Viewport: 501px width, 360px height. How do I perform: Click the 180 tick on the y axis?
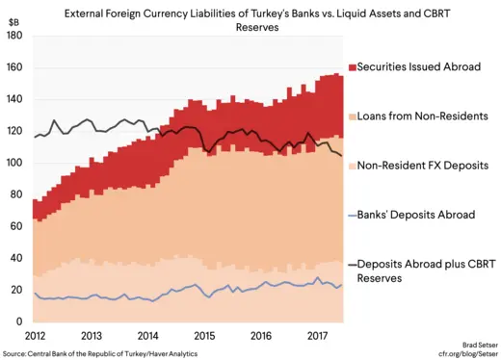click(x=13, y=37)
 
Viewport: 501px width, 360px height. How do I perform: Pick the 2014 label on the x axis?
click(x=147, y=336)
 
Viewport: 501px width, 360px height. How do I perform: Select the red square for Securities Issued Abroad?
click(x=352, y=67)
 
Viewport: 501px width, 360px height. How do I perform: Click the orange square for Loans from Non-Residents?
click(x=352, y=116)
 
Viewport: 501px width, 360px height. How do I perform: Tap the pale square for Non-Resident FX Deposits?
click(x=352, y=166)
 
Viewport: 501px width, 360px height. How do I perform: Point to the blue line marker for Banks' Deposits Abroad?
click(x=352, y=215)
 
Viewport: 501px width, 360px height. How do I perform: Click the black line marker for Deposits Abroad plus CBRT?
click(x=352, y=263)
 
